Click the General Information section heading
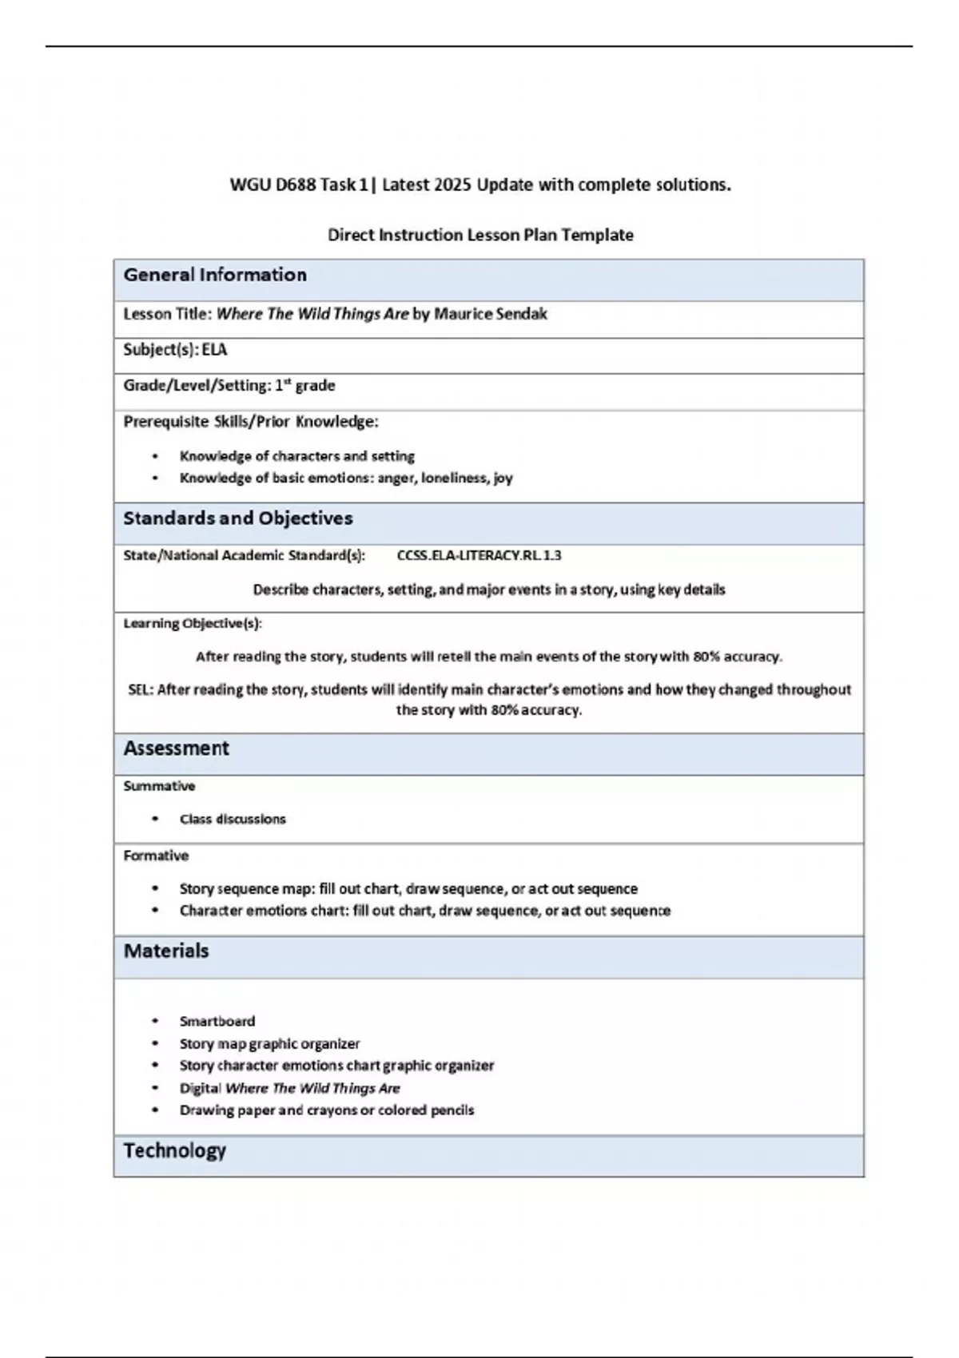[215, 276]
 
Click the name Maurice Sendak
[490, 314]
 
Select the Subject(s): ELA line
[175, 350]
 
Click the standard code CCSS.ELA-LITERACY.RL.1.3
[479, 555]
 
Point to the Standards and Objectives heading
[237, 518]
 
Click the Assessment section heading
[176, 748]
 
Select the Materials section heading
[165, 951]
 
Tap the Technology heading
[174, 1150]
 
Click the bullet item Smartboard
[217, 1022]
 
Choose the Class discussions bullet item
[232, 820]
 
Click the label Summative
[159, 786]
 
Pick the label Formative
[156, 856]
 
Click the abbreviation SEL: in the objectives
[141, 689]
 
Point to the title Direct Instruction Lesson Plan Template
[480, 235]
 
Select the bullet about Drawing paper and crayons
[326, 1110]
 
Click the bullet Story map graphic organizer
[269, 1044]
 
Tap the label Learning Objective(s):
[193, 623]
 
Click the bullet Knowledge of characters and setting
[296, 456]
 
